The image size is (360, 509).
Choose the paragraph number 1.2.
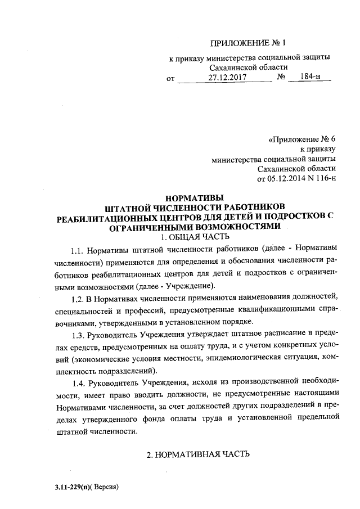[x=80, y=297]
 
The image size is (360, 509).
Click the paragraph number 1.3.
[x=80, y=335]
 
